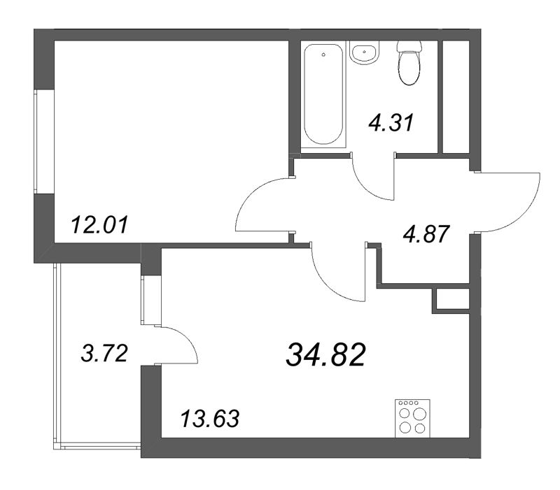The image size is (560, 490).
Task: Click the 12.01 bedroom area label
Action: (99, 226)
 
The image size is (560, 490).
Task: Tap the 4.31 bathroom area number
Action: (391, 122)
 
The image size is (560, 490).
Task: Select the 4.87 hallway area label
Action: (426, 234)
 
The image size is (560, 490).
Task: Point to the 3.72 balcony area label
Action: (104, 354)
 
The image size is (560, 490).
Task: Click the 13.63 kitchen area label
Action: (210, 418)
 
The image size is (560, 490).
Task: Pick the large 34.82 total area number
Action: (325, 355)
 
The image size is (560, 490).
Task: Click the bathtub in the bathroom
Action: (323, 94)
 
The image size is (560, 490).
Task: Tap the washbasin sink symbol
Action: (364, 53)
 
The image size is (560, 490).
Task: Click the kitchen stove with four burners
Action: (412, 418)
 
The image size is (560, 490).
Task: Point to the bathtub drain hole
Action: (323, 55)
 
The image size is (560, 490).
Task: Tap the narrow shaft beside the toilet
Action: (456, 96)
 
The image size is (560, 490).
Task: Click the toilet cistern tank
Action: (409, 46)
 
